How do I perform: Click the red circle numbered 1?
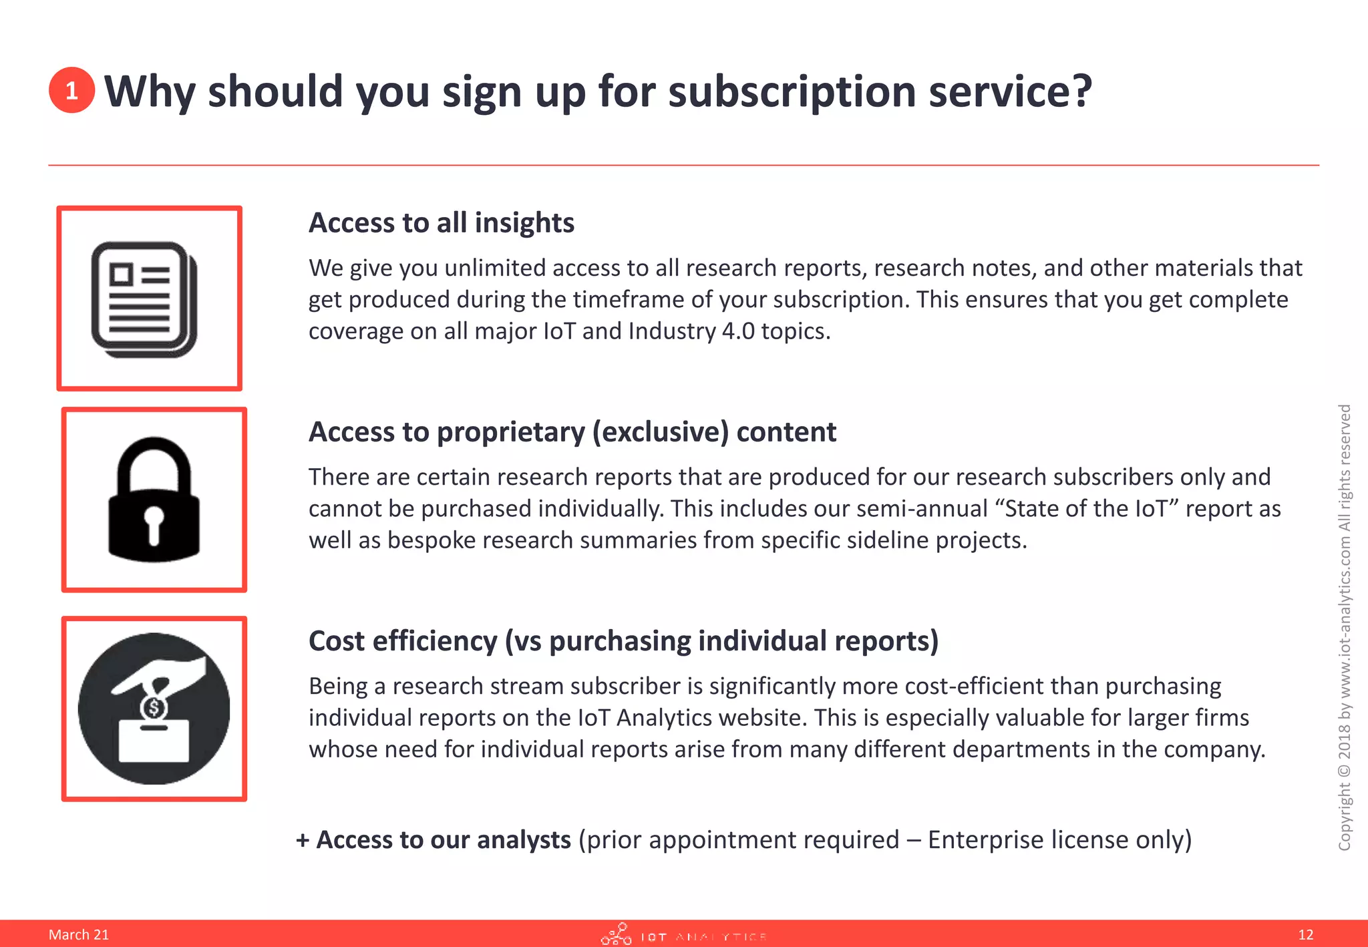(x=71, y=90)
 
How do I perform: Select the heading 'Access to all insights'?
(x=441, y=222)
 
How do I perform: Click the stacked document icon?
(x=144, y=299)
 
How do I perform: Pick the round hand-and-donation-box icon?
(x=154, y=709)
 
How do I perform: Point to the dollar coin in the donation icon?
(x=154, y=708)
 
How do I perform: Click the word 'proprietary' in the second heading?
(x=511, y=432)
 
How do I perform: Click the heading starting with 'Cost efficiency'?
(x=623, y=641)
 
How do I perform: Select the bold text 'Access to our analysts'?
(x=443, y=840)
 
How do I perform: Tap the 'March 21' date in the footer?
(x=78, y=934)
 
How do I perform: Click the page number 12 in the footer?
(x=1306, y=934)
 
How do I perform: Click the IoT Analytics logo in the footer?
(x=683, y=935)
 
